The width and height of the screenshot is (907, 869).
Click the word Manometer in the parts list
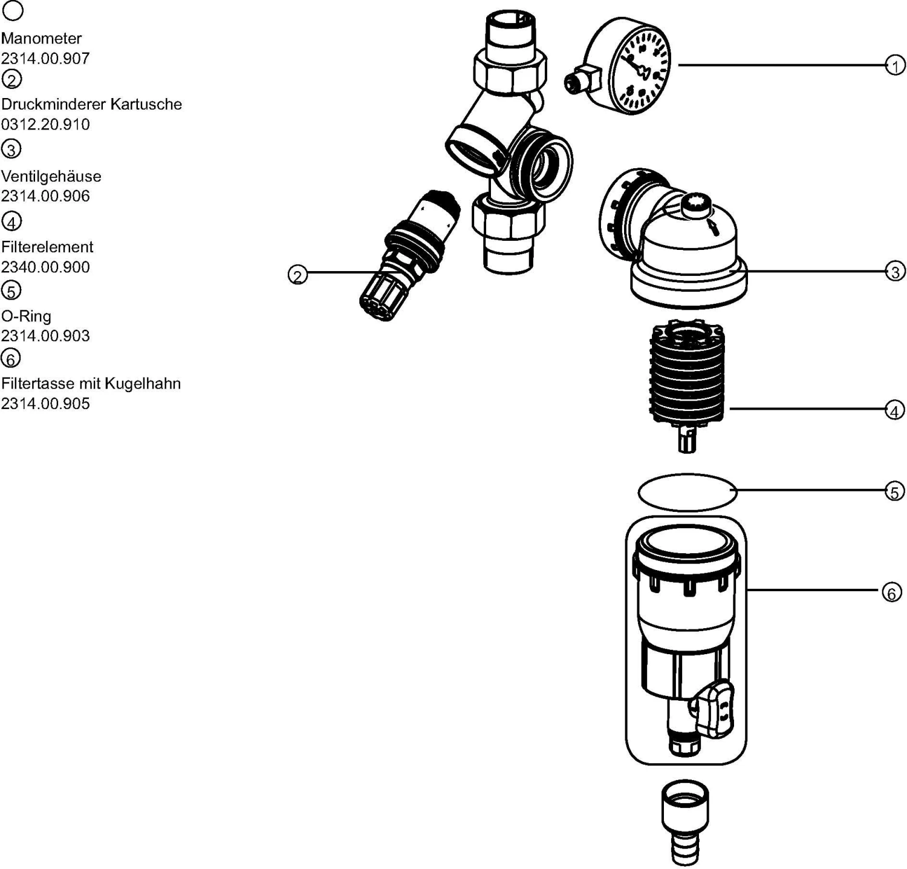click(x=41, y=38)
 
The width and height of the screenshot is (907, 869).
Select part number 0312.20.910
click(x=45, y=124)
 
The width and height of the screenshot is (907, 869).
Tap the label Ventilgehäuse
click(x=51, y=176)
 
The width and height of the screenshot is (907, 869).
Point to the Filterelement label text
click(x=47, y=247)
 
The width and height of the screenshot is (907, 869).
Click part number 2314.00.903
click(x=45, y=335)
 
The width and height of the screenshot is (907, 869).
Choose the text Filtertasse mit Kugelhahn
click(x=91, y=383)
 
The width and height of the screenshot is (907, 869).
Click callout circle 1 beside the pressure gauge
click(x=895, y=65)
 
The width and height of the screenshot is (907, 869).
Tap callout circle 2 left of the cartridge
click(x=297, y=275)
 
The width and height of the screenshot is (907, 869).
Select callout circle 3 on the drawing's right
click(x=896, y=272)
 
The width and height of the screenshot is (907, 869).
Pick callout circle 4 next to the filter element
click(x=895, y=410)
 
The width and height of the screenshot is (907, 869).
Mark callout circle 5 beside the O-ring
click(x=895, y=492)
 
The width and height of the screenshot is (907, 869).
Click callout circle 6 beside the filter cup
click(x=891, y=592)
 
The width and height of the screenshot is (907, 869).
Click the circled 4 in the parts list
click(x=11, y=221)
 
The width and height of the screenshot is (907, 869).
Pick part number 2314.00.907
click(x=45, y=58)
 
